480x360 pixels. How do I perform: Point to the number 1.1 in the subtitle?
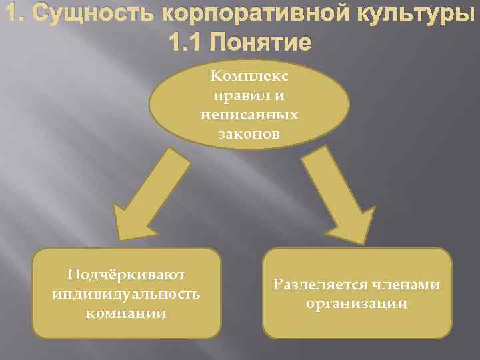[186, 43]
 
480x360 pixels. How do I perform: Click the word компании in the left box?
[127, 312]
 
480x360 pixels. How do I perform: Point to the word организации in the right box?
[357, 303]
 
